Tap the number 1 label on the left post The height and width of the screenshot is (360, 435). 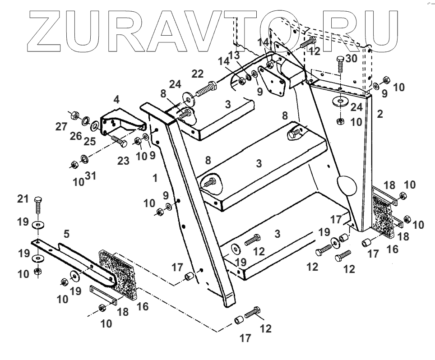(x=155, y=178)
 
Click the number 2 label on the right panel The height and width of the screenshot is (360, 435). (x=380, y=114)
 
